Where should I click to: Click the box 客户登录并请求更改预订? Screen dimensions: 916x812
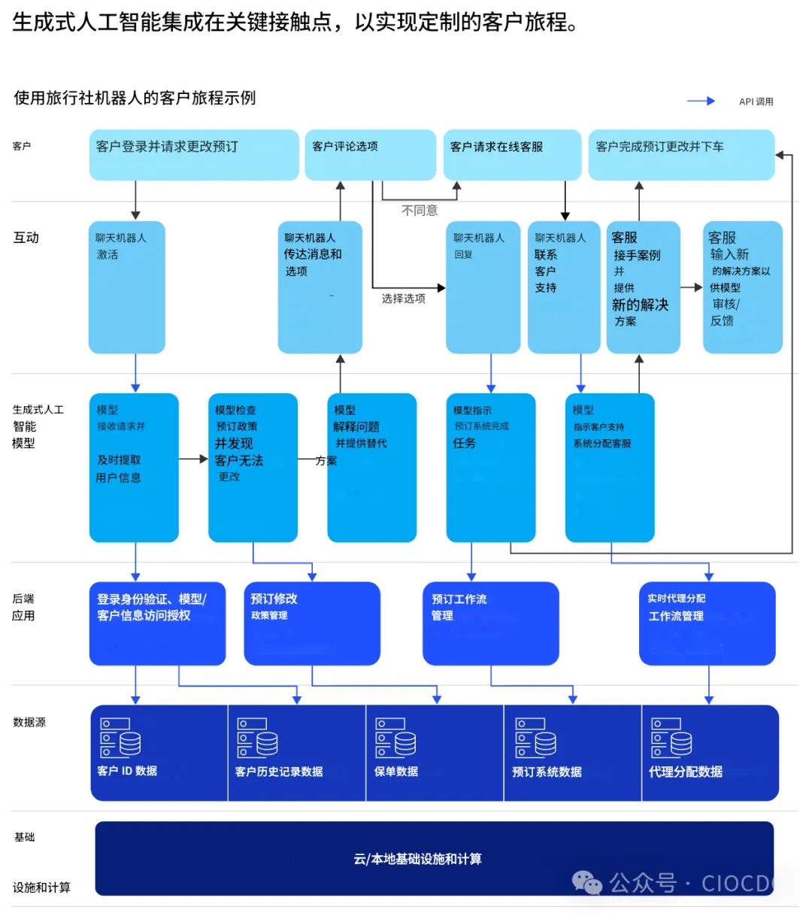(194, 155)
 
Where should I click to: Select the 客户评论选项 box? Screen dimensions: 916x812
(370, 155)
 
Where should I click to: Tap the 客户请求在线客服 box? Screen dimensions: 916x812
(512, 155)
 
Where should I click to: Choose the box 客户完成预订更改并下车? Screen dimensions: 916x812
(681, 155)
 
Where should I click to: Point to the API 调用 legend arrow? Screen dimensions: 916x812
(701, 101)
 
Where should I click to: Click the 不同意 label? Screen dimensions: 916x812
(420, 211)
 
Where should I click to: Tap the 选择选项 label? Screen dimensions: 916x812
(404, 299)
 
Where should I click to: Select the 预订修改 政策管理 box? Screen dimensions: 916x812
(312, 623)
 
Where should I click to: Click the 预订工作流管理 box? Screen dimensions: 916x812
(490, 623)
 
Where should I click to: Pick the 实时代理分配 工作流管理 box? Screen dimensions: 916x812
(707, 623)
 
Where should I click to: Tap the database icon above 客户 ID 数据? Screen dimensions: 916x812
(120, 737)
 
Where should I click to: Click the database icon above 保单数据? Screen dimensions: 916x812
(395, 737)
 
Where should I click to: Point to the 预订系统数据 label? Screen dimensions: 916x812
(547, 772)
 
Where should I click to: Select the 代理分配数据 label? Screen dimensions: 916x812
(685, 772)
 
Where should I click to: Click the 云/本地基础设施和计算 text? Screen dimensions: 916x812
(417, 859)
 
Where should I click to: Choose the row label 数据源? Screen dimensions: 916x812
(29, 722)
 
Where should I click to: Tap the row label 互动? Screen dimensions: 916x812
(26, 238)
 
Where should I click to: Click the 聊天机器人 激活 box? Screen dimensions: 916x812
(126, 287)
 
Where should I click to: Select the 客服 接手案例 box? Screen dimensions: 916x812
(643, 287)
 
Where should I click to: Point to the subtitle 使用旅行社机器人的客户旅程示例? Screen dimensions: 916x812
(135, 98)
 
